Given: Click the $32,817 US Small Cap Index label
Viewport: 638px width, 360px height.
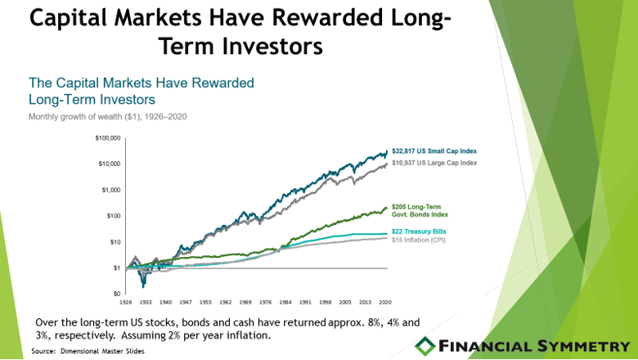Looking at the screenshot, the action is click(434, 151).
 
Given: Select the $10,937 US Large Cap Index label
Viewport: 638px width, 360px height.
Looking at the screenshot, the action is click(434, 163).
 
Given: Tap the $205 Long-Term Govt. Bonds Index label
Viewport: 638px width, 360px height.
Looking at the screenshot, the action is click(420, 211).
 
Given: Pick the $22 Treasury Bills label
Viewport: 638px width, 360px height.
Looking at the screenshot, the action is click(419, 232).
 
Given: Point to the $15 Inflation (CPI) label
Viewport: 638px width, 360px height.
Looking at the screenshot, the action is click(419, 240).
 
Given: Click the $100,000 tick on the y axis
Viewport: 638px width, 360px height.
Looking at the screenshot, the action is click(108, 138).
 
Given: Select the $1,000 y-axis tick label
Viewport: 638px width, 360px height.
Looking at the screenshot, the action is click(111, 190).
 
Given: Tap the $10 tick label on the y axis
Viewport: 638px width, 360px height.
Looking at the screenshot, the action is click(115, 242).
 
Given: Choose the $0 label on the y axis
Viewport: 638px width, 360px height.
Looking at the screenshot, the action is click(117, 294).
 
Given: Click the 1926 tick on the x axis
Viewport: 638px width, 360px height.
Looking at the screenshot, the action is click(125, 302).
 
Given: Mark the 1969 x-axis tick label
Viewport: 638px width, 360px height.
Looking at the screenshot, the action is click(245, 302).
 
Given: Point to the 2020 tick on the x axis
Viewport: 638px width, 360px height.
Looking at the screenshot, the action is click(385, 302).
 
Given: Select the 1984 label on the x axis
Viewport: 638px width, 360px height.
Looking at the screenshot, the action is click(285, 302).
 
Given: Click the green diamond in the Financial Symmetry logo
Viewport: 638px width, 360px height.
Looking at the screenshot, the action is click(425, 346).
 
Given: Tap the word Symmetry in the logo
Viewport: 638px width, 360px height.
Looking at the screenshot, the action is click(583, 346).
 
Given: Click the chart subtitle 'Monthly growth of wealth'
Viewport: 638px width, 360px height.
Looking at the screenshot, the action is click(75, 117).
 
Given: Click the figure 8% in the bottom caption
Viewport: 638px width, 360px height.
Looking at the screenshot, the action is click(375, 322).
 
